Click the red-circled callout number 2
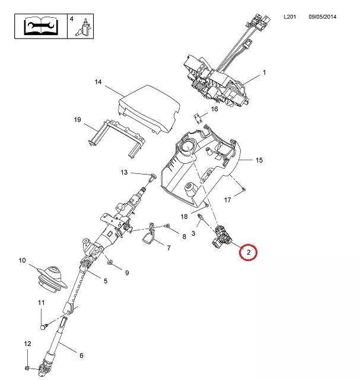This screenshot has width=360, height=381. point(249,253)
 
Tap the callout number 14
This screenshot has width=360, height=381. point(98,82)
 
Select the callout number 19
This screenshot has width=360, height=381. point(77,120)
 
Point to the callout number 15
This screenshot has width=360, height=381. point(259,160)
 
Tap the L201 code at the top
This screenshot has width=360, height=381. point(289,18)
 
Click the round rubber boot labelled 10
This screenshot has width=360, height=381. point(49,278)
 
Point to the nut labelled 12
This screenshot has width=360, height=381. point(28,369)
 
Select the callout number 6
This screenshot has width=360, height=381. point(81,355)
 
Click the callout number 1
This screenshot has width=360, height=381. point(264,73)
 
